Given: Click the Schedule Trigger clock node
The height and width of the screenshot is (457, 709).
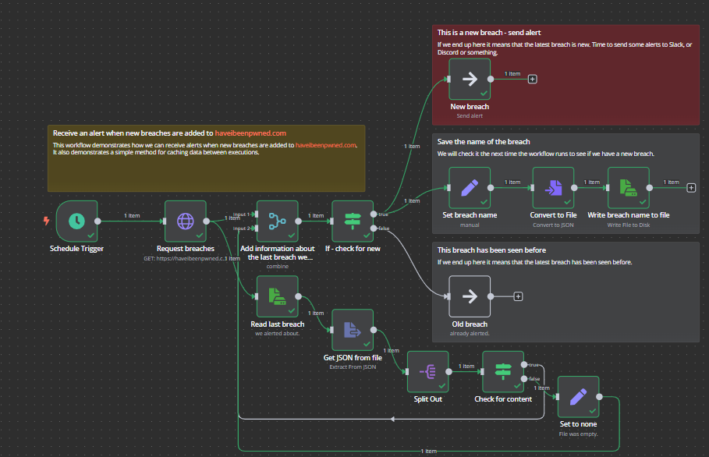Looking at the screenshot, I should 76,221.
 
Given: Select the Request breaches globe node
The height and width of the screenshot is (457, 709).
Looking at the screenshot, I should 185,221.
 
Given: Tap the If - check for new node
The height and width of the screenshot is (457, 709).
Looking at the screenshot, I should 352,221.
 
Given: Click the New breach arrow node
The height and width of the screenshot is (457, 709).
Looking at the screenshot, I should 470,79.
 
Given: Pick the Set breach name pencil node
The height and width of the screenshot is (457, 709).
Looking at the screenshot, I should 470,187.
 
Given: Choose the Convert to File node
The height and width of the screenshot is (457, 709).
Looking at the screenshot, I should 553,187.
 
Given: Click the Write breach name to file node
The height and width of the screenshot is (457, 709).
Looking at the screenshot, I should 628,187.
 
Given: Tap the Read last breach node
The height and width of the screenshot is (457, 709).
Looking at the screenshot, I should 277,296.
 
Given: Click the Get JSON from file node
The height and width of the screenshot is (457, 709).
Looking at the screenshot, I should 352,330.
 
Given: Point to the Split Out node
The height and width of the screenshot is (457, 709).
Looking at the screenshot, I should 427,371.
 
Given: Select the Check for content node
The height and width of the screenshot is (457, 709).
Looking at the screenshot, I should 503,371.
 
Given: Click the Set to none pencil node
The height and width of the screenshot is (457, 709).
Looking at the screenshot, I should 578,397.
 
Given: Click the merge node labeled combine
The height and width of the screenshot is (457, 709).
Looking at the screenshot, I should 277,221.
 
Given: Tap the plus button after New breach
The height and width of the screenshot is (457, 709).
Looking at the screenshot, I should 533,79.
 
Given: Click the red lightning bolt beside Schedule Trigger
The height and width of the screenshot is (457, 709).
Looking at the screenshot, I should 46,221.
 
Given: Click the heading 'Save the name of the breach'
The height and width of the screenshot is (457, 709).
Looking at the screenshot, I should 484,142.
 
